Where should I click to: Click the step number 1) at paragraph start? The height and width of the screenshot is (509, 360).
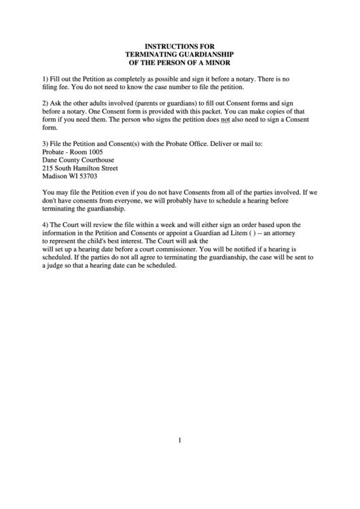click(x=46, y=79)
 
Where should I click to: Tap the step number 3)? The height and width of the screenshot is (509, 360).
click(x=46, y=143)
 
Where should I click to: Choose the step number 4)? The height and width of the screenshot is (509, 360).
click(x=46, y=224)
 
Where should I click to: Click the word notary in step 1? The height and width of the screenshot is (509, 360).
click(x=236, y=79)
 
